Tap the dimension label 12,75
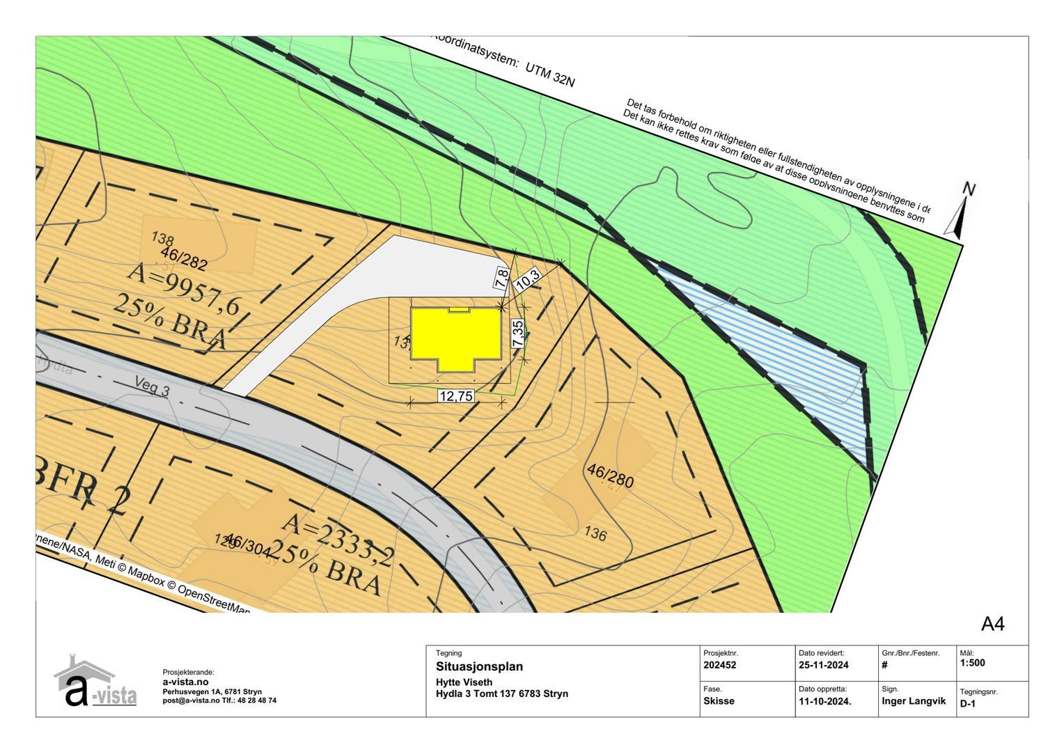456,396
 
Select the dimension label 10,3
527,279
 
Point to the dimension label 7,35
517,334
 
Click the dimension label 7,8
501,279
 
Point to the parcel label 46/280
610,476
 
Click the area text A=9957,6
183,288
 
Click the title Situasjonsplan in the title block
479,666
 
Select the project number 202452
719,665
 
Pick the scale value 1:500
972,663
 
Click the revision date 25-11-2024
824,665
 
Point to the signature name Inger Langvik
914,701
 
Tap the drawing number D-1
968,704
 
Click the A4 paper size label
992,624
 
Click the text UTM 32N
550,73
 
